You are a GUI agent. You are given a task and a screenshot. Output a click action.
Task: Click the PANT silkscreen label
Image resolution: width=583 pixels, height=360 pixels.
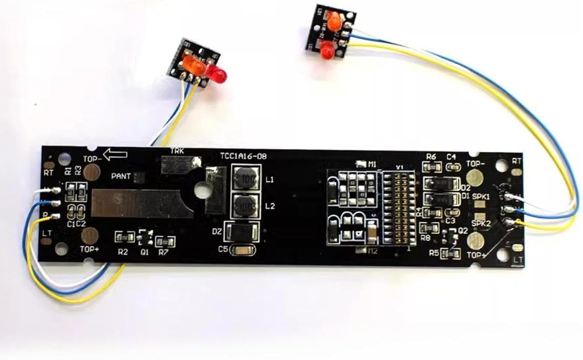pyautogui.click(x=121, y=176)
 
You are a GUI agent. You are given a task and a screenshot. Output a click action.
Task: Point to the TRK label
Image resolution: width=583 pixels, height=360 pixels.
pyautogui.click(x=177, y=150)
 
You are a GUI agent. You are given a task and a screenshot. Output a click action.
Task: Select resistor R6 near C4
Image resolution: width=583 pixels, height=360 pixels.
pyautogui.click(x=432, y=167)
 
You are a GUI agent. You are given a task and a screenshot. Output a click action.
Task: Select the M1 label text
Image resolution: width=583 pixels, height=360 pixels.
pyautogui.click(x=372, y=164)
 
